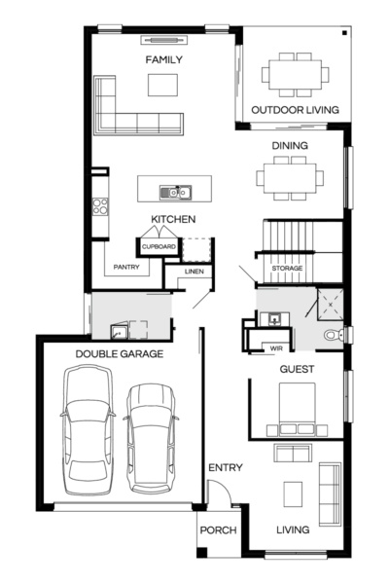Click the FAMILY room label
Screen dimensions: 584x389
tap(164, 60)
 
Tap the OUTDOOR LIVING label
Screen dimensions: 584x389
tap(295, 110)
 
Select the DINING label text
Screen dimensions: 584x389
tap(290, 146)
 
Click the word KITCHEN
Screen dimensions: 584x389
tap(173, 219)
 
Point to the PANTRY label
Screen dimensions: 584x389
tap(126, 266)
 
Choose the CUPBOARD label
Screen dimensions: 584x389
tap(159, 247)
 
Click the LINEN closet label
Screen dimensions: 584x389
tap(194, 272)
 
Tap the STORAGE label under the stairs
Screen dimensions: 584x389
tap(287, 268)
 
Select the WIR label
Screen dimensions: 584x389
tap(263, 347)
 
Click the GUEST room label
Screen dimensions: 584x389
tap(297, 371)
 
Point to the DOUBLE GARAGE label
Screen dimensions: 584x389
tap(119, 353)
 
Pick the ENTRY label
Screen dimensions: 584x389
tap(225, 468)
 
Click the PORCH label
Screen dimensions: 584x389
tap(218, 531)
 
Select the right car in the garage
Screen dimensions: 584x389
tap(151, 436)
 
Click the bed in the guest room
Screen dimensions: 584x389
tap(297, 409)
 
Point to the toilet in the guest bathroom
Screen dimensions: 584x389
tap(334, 334)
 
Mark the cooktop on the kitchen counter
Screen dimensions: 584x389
tap(98, 205)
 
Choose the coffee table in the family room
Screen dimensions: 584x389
tap(163, 86)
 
